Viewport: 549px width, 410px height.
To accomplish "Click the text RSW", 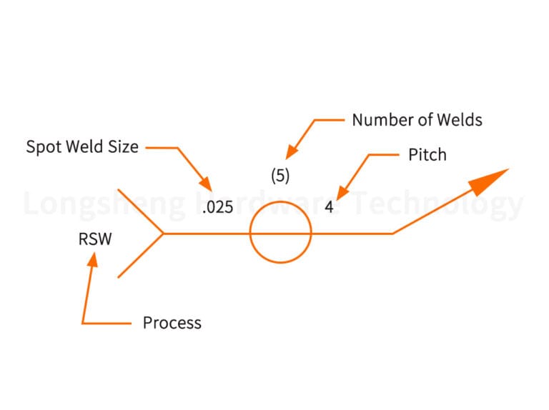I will [95, 239].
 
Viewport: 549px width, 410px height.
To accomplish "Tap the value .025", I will [217, 209].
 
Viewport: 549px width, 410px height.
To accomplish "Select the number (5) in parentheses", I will [280, 176].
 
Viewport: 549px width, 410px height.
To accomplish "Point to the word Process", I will [172, 323].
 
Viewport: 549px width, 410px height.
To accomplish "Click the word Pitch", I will [427, 155].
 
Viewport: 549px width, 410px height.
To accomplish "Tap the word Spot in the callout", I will [43, 147].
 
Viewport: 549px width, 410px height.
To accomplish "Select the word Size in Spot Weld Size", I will [123, 147].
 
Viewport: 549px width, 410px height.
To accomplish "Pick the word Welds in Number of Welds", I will [460, 120].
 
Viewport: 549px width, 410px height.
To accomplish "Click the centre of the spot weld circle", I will [280, 233].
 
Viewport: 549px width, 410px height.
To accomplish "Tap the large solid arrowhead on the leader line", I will [490, 180].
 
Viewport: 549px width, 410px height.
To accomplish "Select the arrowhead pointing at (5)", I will [290, 151].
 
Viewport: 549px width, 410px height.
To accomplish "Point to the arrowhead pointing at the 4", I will [342, 191].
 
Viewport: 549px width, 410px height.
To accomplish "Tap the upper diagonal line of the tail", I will [141, 211].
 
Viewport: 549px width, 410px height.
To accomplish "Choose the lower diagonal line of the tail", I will [141, 255].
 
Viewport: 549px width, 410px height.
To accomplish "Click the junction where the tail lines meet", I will [164, 233].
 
